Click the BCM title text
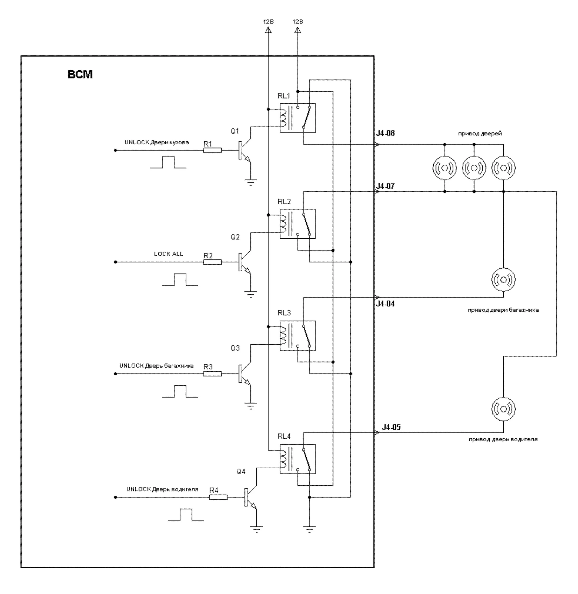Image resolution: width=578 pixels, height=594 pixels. pos(80,74)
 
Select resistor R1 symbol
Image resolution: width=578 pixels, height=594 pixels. pos(212,150)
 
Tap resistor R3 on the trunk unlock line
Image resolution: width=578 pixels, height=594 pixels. pos(212,374)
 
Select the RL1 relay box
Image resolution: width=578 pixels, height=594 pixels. pos(297,118)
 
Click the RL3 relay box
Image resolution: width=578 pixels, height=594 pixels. pos(297,335)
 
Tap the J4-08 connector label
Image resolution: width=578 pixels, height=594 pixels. pos(385,133)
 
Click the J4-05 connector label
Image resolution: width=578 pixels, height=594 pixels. pos(391,427)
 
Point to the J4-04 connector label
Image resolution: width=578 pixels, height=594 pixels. pos(385,304)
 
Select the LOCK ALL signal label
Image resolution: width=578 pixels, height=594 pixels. pos(168,254)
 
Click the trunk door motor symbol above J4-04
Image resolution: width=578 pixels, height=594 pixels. pos(503,279)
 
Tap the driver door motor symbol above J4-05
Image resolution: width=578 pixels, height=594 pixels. pos(503,409)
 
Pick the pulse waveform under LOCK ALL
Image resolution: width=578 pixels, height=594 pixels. pos(180,280)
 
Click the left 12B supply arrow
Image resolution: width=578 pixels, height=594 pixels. pos(268,30)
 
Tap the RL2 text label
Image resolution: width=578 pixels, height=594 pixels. pos(284,202)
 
